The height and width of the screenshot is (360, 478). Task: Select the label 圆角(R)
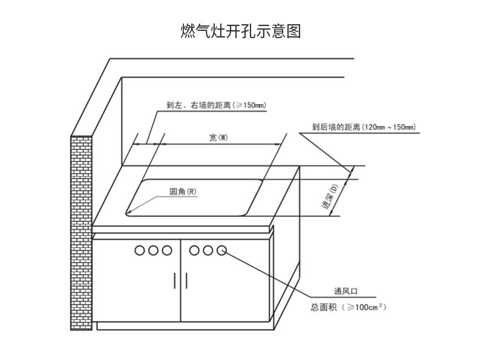(x=183, y=192)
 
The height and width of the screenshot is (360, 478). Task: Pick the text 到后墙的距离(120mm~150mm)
(x=363, y=127)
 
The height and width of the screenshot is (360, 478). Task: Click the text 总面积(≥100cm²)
(x=349, y=307)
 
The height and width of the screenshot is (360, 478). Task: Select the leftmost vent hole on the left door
(x=140, y=249)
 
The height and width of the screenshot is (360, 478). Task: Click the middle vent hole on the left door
(x=154, y=249)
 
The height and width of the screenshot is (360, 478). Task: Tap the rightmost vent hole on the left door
(x=168, y=249)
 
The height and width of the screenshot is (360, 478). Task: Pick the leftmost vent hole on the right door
(x=195, y=249)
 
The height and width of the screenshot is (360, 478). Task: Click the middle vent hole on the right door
(x=209, y=249)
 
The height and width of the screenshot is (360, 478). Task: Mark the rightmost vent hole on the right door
(x=222, y=249)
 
